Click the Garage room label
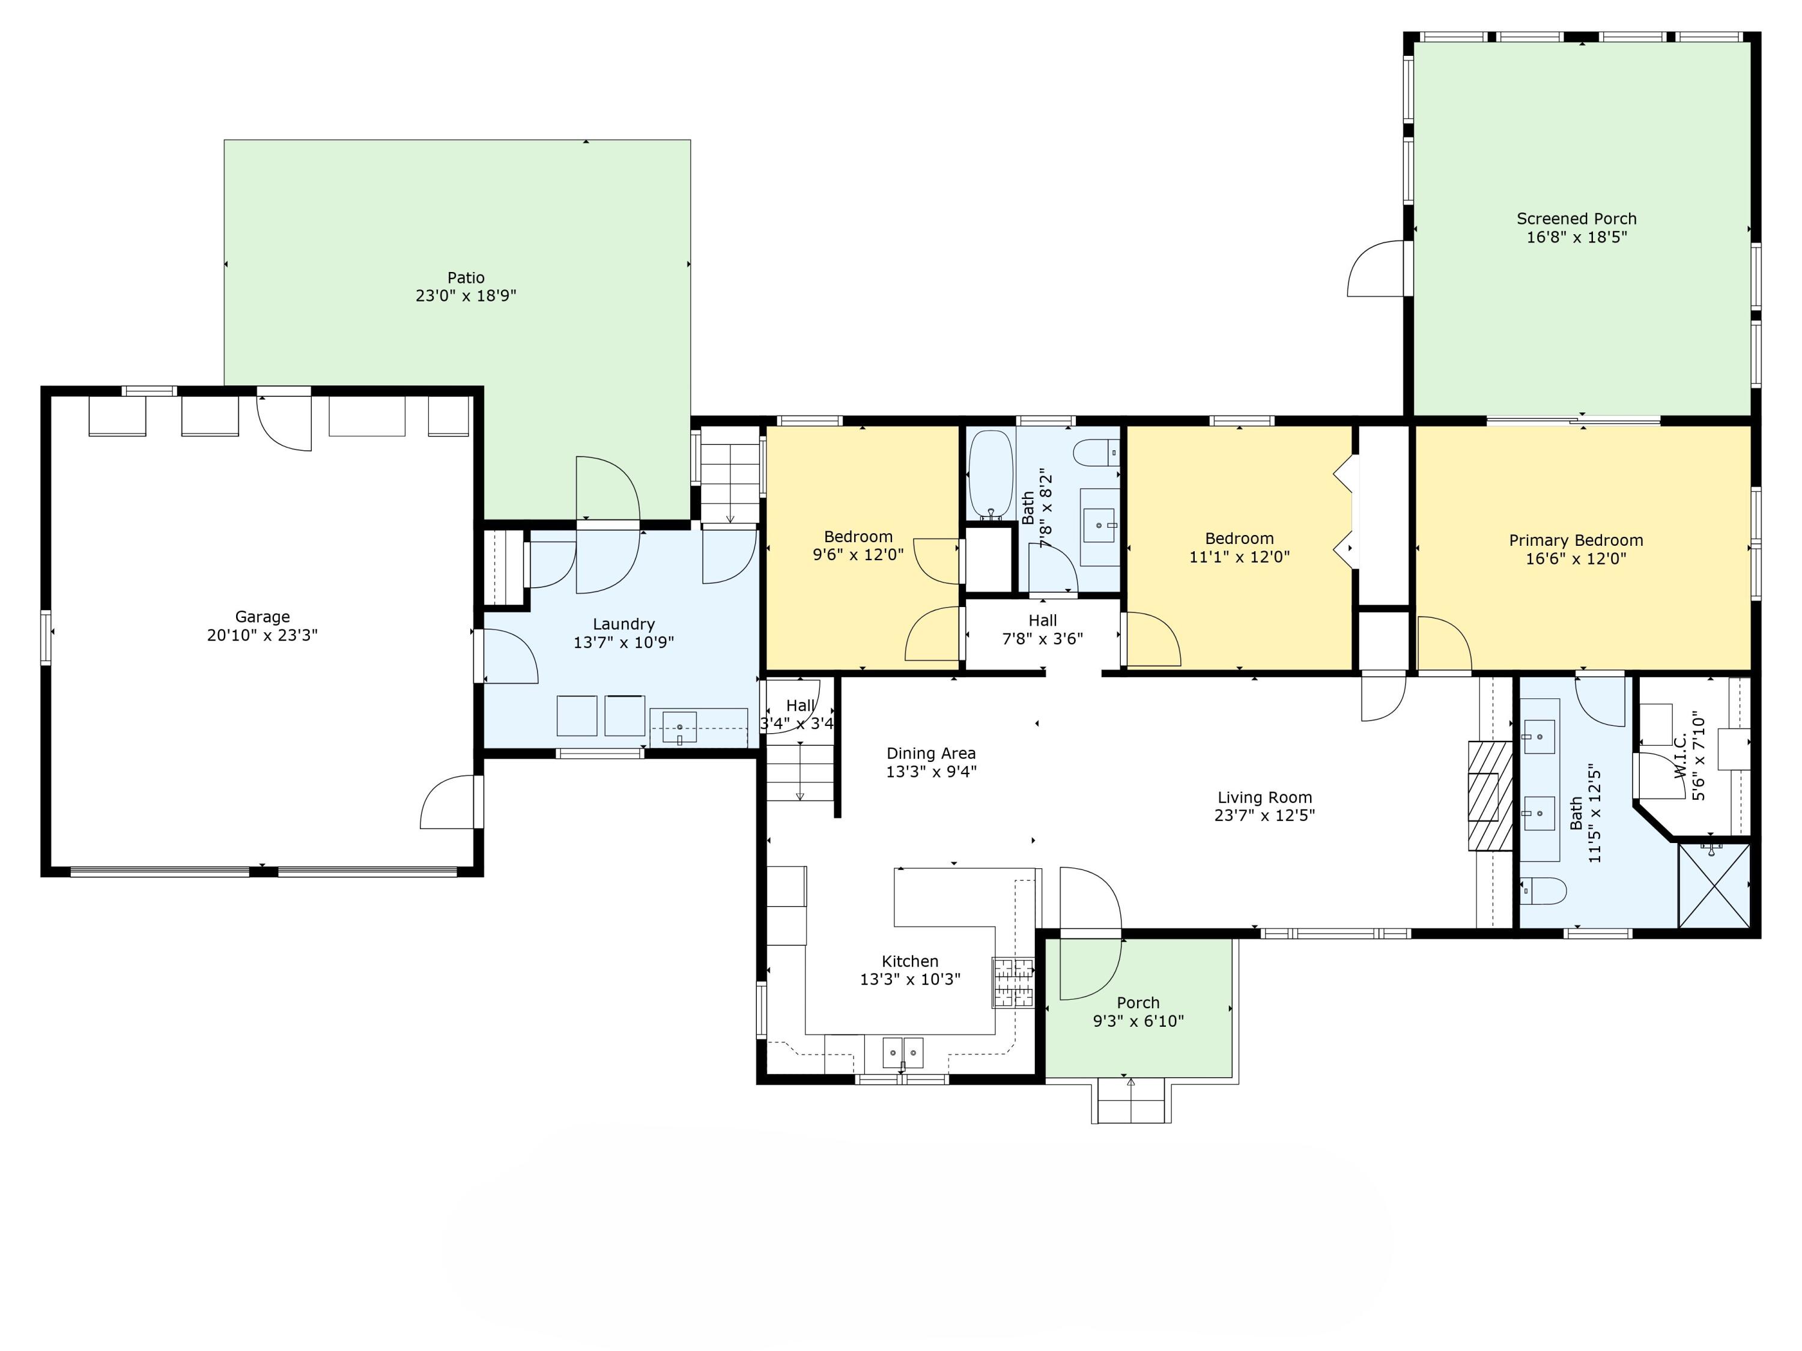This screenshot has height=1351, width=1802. (262, 617)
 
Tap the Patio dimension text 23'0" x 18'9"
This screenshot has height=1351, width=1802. (466, 295)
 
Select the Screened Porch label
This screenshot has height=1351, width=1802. (1576, 218)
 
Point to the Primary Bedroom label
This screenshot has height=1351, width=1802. (1576, 540)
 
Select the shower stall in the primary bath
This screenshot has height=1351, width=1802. (1714, 885)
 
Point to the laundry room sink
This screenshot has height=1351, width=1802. (679, 727)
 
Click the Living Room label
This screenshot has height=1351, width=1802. (1264, 797)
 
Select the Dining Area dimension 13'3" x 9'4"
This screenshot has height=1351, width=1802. (931, 771)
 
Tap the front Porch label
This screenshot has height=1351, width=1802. (1138, 1003)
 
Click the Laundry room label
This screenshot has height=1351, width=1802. (623, 624)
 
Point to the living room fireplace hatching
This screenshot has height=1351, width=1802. (1491, 796)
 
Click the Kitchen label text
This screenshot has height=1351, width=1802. (910, 961)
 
